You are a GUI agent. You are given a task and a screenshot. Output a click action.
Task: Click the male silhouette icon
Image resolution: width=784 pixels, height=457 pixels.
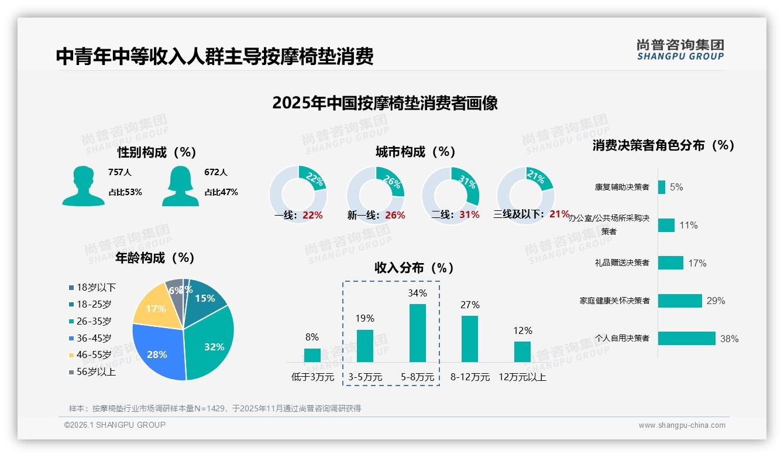tap(84, 186)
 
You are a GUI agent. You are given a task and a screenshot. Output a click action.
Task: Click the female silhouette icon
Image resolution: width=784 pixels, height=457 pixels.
tap(180, 186)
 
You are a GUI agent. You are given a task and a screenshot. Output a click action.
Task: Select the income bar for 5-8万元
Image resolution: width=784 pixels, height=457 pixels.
tap(418, 333)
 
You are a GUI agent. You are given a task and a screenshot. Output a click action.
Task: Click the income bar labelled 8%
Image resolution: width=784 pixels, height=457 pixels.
tap(312, 355)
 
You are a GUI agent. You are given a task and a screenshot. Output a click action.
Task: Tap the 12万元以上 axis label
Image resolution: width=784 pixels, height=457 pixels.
tap(522, 377)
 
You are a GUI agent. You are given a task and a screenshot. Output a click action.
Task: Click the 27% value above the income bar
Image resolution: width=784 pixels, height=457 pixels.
tap(470, 305)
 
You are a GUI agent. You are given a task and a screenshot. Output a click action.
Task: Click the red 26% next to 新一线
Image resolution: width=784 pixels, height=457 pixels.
tap(395, 215)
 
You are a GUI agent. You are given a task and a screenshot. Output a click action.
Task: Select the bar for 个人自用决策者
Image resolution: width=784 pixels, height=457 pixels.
tap(686, 338)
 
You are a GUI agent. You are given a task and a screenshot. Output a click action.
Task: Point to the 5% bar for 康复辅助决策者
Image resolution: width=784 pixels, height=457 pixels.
tap(662, 187)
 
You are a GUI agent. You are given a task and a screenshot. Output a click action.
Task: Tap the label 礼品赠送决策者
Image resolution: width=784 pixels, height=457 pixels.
tap(621, 262)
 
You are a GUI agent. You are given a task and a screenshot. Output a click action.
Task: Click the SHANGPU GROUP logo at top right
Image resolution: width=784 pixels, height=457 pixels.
tap(680, 50)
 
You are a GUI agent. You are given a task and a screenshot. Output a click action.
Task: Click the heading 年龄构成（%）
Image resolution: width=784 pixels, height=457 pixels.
tap(155, 258)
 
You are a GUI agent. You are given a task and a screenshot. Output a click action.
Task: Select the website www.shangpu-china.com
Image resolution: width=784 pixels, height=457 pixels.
tap(682, 425)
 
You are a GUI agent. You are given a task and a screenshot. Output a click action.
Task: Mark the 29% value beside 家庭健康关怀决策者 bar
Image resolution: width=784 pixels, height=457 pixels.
tap(716, 301)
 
